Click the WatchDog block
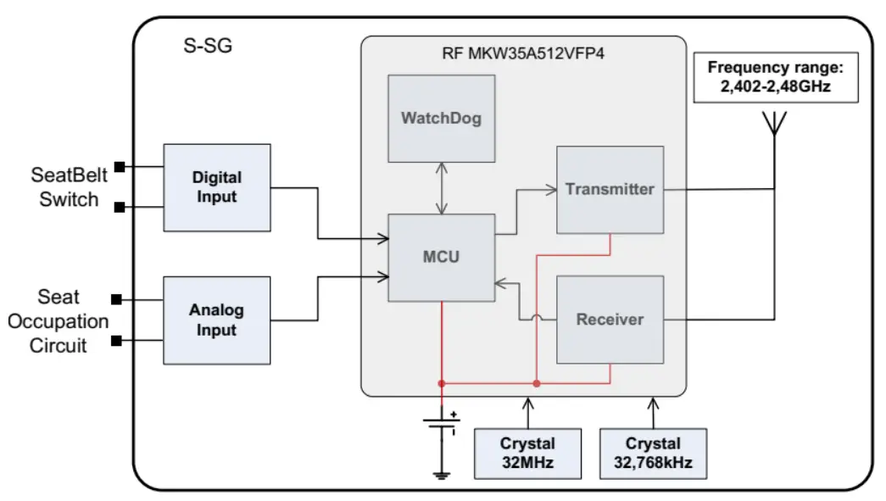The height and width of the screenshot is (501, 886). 441,119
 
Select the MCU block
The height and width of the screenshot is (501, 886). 441,257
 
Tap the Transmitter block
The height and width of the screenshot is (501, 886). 610,189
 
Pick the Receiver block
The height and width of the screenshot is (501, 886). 610,320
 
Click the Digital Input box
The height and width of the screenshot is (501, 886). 216,187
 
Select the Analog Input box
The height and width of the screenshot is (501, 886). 216,320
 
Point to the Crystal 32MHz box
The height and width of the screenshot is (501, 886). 527,454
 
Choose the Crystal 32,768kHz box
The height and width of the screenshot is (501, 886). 653,454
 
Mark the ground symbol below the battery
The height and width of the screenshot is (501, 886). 442,476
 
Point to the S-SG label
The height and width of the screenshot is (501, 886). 208,46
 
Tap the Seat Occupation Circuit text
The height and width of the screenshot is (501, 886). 59,321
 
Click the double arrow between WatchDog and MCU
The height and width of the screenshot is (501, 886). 441,187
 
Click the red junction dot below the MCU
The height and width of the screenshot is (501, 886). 442,383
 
